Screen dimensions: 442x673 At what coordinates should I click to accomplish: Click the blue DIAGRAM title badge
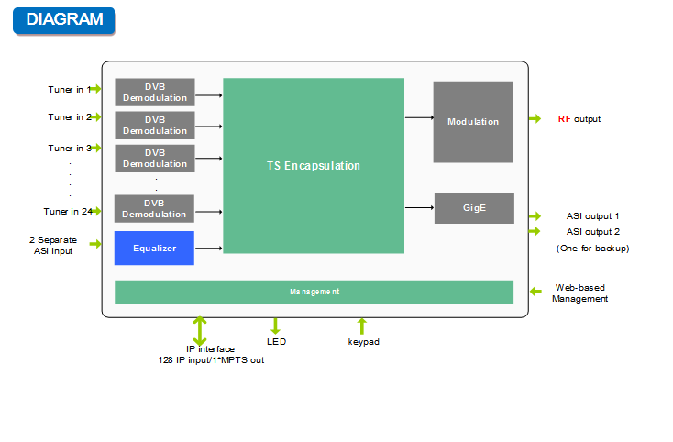click(63, 20)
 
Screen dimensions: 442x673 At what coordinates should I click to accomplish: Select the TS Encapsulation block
click(314, 166)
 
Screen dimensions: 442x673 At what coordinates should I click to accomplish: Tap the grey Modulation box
click(473, 122)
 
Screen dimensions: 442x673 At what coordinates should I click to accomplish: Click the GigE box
click(473, 208)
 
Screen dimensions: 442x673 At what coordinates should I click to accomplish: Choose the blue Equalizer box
click(154, 249)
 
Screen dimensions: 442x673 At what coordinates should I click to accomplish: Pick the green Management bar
click(314, 292)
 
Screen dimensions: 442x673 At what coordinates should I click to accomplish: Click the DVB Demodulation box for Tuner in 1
click(155, 93)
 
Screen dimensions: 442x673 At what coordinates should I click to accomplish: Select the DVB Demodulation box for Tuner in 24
click(155, 209)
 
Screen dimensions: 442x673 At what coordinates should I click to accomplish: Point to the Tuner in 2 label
click(70, 117)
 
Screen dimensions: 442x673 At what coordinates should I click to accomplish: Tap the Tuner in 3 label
click(70, 149)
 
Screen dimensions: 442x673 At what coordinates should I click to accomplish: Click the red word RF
click(564, 119)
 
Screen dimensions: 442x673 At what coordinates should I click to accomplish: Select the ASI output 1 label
click(592, 216)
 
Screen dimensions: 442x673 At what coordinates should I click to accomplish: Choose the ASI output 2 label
click(592, 232)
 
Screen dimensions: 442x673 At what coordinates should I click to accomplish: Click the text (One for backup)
click(592, 249)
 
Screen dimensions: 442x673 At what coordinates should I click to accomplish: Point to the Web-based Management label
click(579, 293)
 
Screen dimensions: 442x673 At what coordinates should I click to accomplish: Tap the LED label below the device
click(276, 342)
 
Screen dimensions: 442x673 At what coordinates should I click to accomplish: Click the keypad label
click(363, 342)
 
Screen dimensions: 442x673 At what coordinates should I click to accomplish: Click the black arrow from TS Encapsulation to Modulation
click(419, 117)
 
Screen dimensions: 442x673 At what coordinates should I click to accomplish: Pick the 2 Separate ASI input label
click(52, 246)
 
